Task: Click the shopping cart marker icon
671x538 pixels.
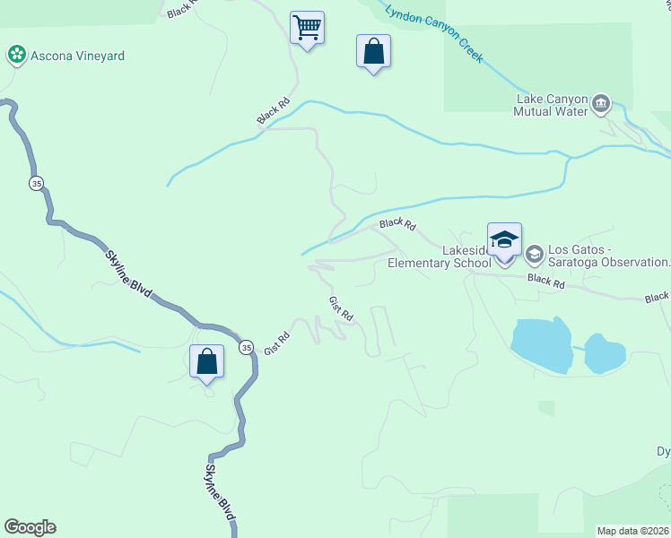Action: point(307,28)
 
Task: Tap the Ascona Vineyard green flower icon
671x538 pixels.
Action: point(15,56)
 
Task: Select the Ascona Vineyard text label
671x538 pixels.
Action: point(76,56)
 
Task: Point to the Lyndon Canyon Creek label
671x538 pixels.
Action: point(434,34)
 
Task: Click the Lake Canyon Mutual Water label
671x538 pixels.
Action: point(550,105)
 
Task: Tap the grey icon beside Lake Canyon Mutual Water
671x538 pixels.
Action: point(602,105)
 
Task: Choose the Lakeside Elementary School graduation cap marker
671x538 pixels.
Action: point(504,239)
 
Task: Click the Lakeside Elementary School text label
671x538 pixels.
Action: point(440,256)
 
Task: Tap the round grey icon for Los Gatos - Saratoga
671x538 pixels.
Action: point(535,254)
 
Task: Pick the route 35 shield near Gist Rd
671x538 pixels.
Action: point(246,347)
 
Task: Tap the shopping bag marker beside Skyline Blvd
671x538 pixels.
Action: point(207,362)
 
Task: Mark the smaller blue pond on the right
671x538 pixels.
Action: point(605,353)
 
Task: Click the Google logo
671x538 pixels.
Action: point(30,527)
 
